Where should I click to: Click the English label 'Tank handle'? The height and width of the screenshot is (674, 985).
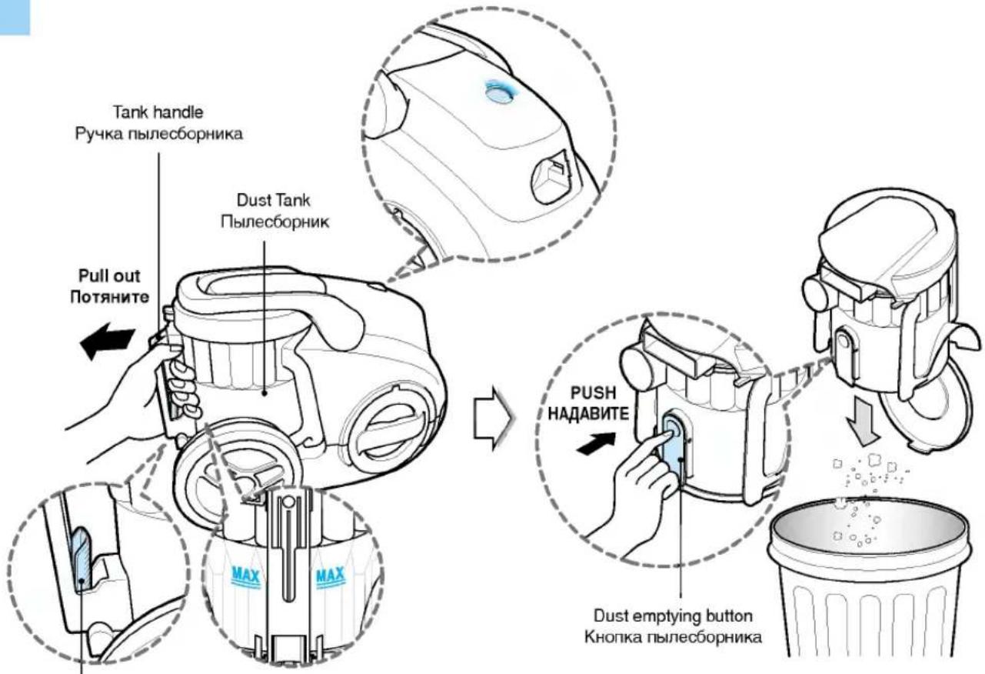pyautogui.click(x=158, y=112)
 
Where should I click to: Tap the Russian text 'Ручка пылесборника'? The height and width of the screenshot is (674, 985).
pyautogui.click(x=158, y=134)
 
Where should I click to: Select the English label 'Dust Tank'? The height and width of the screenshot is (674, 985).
pyautogui.click(x=274, y=201)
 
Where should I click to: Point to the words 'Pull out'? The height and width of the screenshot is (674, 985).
pyautogui.click(x=109, y=276)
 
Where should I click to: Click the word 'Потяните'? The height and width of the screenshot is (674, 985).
pyautogui.click(x=109, y=298)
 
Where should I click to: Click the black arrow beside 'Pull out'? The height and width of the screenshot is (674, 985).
pyautogui.click(x=107, y=342)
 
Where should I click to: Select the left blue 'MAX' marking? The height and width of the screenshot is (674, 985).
pyautogui.click(x=245, y=576)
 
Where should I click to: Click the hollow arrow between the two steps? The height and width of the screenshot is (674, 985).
pyautogui.click(x=492, y=418)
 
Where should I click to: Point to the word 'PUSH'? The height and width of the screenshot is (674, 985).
pyautogui.click(x=593, y=393)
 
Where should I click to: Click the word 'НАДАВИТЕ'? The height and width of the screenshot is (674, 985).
pyautogui.click(x=588, y=414)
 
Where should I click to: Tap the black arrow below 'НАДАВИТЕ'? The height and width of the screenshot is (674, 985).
pyautogui.click(x=597, y=443)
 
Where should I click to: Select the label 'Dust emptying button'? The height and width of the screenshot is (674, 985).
pyautogui.click(x=674, y=616)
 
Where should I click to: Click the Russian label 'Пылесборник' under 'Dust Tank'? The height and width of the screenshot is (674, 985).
pyautogui.click(x=275, y=222)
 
